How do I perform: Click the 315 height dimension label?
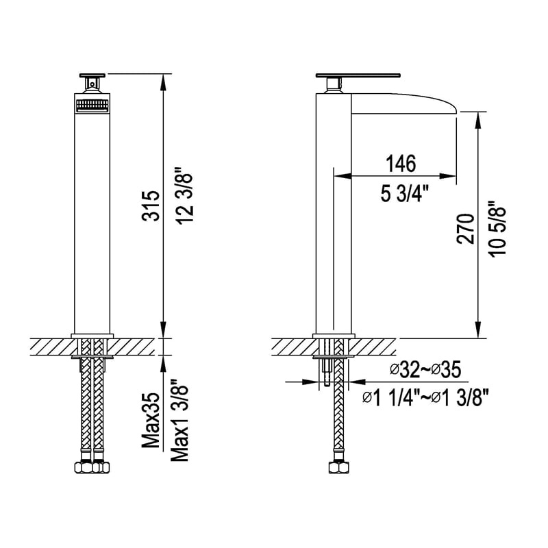(x=153, y=206)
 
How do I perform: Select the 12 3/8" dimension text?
(x=184, y=194)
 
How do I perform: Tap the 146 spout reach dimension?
(x=401, y=164)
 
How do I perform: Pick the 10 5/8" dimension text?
(x=498, y=229)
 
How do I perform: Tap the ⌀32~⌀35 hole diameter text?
(x=425, y=370)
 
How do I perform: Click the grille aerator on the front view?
(x=92, y=105)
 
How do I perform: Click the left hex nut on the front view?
(x=84, y=469)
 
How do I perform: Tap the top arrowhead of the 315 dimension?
(x=163, y=79)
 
